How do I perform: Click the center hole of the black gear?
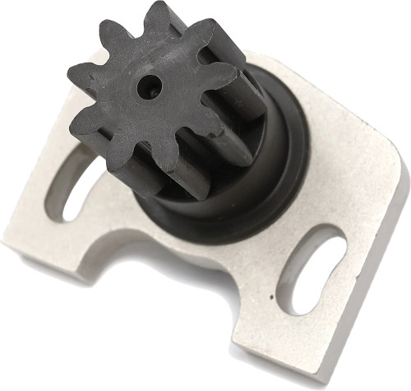pyautogui.click(x=148, y=86)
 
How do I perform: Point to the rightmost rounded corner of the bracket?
pyautogui.click(x=399, y=177)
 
